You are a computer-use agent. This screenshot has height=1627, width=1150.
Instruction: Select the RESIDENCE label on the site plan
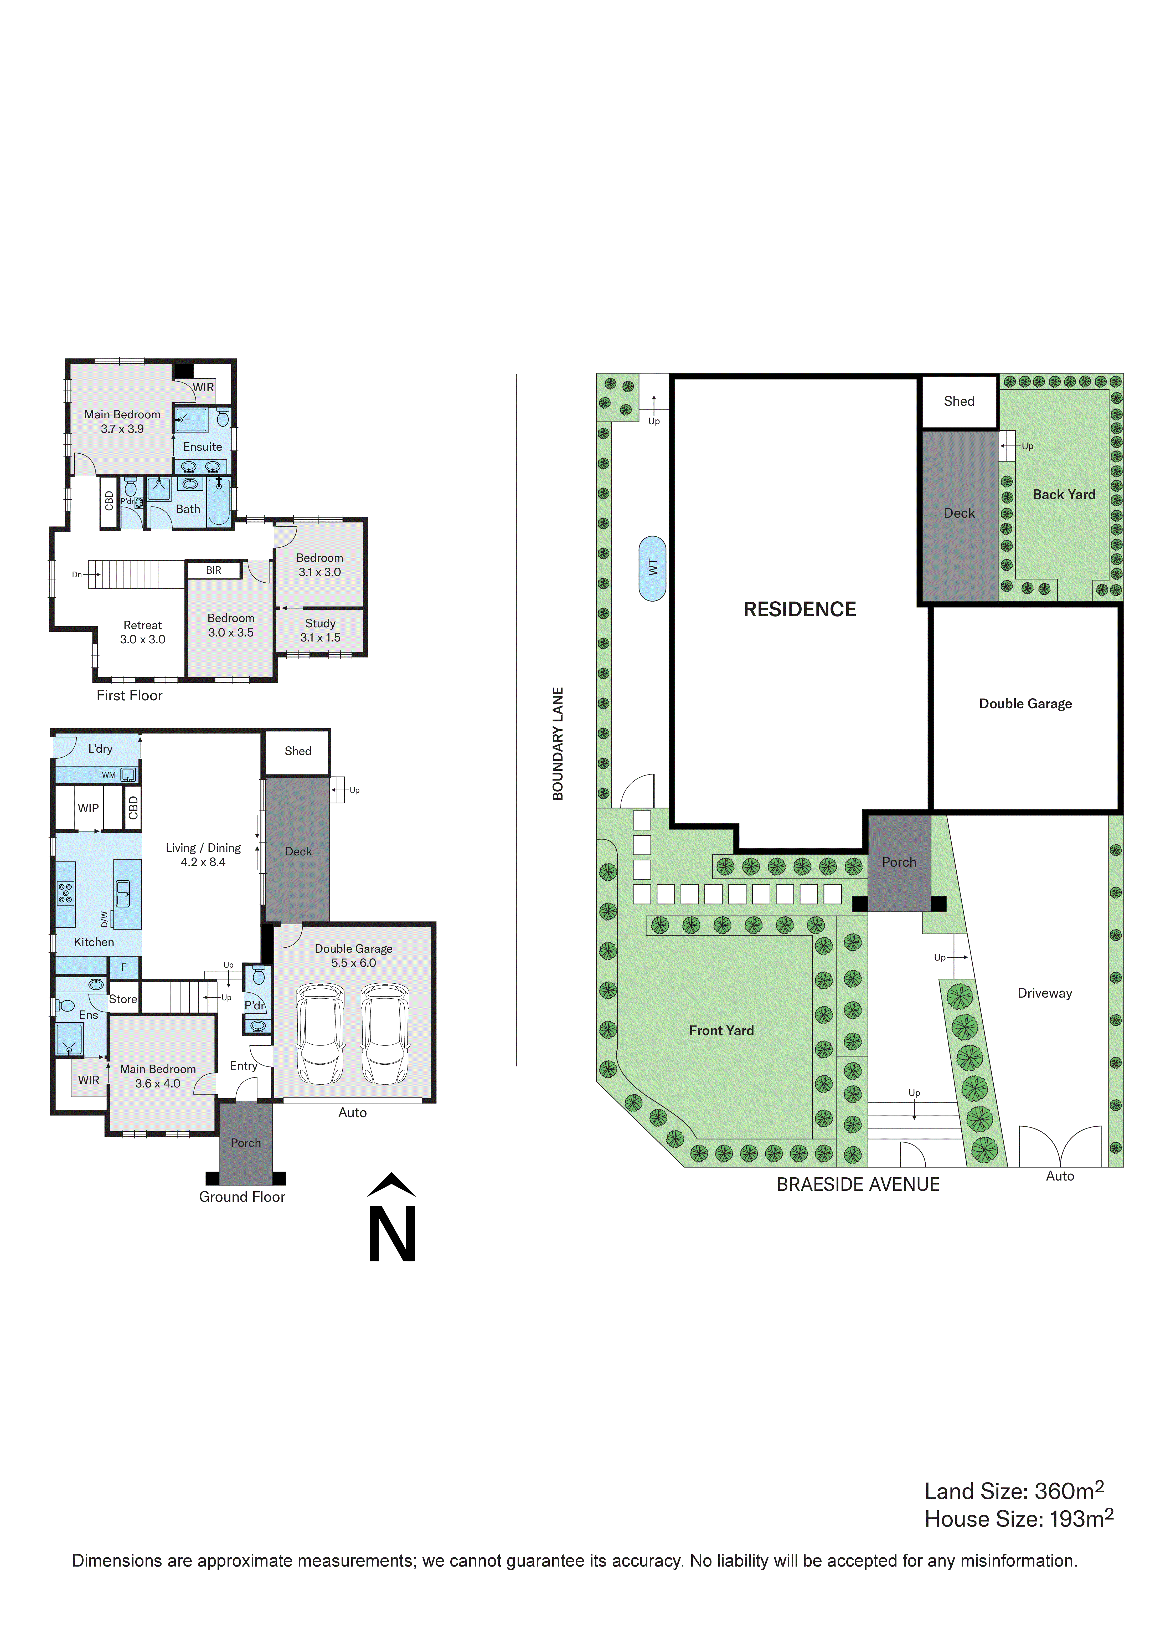(x=799, y=609)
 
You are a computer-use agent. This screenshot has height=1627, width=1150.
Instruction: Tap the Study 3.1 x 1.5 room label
(x=320, y=630)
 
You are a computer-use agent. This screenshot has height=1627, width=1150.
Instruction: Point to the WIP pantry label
(x=88, y=808)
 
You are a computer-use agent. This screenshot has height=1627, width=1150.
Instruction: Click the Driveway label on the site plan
(x=1044, y=993)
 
